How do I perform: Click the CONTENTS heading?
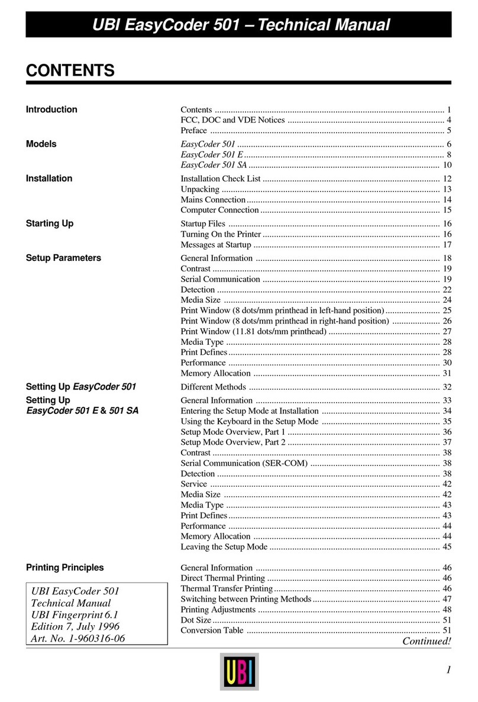pyautogui.click(x=70, y=72)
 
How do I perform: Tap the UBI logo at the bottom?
pyautogui.click(x=239, y=671)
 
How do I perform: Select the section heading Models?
pyautogui.click(x=41, y=144)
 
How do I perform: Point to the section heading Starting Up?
pyautogui.click(x=50, y=224)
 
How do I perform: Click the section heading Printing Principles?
pyautogui.click(x=65, y=567)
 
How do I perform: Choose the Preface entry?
pyautogui.click(x=193, y=131)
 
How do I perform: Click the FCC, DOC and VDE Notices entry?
pyautogui.click(x=232, y=120)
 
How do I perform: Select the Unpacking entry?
pyautogui.click(x=200, y=189)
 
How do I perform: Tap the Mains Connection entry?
pyautogui.click(x=213, y=200)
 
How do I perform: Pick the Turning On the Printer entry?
pyautogui.click(x=221, y=234)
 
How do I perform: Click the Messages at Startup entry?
pyautogui.click(x=216, y=245)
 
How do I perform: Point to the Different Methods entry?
pyautogui.click(x=213, y=387)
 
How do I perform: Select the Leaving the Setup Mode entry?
pyautogui.click(x=224, y=547)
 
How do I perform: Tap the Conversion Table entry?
pyautogui.click(x=212, y=630)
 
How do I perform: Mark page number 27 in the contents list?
pyautogui.click(x=447, y=331)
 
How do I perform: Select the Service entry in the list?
pyautogui.click(x=193, y=484)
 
